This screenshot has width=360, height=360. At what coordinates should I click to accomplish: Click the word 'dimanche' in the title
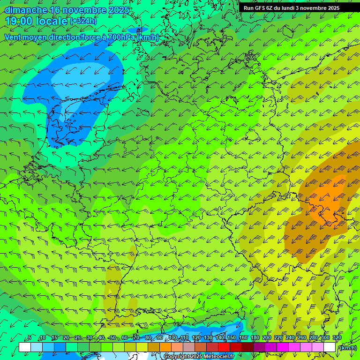click(x=26, y=10)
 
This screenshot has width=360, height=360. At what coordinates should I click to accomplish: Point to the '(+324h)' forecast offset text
click(x=83, y=21)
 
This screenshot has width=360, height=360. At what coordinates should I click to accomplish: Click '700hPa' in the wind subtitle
click(x=121, y=37)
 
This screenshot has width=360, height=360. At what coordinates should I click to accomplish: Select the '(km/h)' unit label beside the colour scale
click(x=347, y=347)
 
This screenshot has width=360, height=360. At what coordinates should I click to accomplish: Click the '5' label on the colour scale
click(x=30, y=338)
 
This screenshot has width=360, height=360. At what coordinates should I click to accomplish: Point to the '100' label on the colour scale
click(x=173, y=338)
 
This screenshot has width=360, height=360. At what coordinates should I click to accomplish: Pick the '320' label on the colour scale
click(x=337, y=338)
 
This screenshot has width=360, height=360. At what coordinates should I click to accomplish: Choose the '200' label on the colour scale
click(x=266, y=338)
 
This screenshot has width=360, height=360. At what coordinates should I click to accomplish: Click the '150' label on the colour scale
click(x=231, y=338)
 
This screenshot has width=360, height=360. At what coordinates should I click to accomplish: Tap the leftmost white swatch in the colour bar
click(x=25, y=347)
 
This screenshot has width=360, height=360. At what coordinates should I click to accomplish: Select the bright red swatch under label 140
click(x=224, y=347)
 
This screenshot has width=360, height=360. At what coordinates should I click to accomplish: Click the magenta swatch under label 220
click(x=283, y=347)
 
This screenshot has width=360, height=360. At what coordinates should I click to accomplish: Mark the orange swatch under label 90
click(x=165, y=347)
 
